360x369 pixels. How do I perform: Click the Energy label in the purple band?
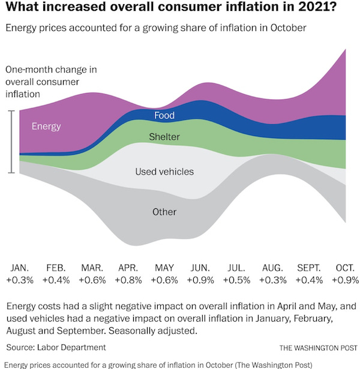point(46,126)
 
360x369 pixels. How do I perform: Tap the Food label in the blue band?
point(164,115)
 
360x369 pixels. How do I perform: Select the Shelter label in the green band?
point(164,137)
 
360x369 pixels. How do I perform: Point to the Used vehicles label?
point(164,172)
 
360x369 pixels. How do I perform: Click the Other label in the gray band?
point(164,212)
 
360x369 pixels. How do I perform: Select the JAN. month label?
point(20,267)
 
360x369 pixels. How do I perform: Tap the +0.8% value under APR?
point(128,280)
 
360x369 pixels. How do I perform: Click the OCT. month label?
point(346,267)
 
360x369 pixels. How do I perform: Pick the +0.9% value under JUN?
point(200,280)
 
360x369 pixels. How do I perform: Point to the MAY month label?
point(164,267)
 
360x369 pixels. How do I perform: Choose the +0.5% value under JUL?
point(236,280)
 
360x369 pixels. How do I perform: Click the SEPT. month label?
point(309,267)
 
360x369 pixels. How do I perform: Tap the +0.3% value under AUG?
point(272,280)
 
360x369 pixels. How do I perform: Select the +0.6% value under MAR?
point(92,280)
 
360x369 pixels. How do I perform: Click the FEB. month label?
point(56,267)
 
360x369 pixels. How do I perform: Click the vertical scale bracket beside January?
point(11,142)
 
